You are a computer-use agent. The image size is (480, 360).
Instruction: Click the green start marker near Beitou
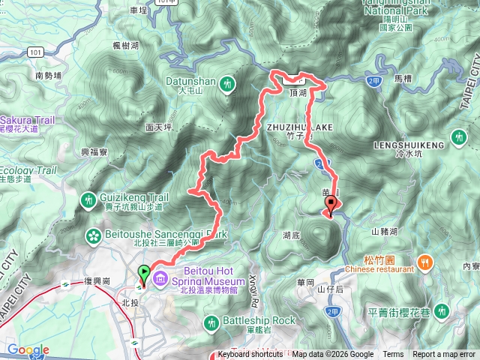coord(143,274)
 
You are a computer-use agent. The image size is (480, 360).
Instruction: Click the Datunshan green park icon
coord(227,86)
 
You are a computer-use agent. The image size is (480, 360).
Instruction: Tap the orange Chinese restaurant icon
coord(426,262)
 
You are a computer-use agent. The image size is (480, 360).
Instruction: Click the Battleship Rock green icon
coord(212,322)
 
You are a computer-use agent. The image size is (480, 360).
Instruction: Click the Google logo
coord(28,349)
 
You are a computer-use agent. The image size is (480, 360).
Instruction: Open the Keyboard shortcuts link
coord(250,355)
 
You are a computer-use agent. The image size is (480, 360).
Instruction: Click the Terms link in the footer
coord(393,355)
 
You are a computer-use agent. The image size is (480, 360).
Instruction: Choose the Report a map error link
coord(445,355)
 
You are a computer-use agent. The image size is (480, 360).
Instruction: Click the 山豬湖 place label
coord(384,232)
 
